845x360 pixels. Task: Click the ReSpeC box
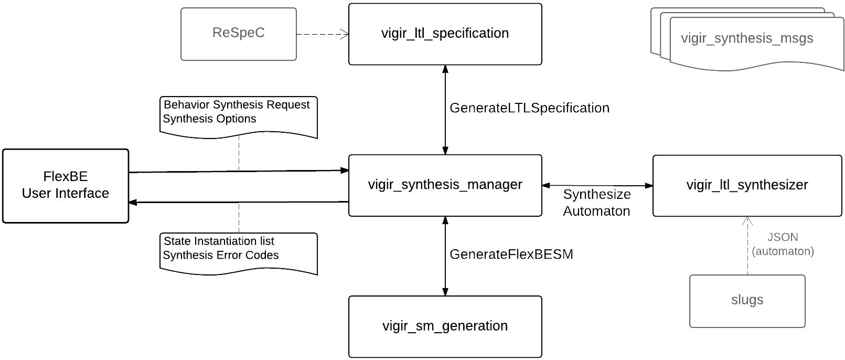click(239, 33)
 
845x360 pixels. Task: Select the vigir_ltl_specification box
click(445, 34)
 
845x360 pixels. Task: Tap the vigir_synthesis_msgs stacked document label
click(747, 38)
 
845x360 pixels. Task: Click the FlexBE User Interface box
click(66, 185)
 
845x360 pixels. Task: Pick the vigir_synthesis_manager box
click(445, 185)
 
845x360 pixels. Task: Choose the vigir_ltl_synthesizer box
click(747, 185)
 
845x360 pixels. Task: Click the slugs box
click(747, 300)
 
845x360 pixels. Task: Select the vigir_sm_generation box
click(445, 326)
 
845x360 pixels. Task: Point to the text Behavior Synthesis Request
click(237, 104)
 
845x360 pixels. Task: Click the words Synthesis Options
click(209, 119)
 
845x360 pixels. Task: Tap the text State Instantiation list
click(219, 241)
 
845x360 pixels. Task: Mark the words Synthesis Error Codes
click(220, 255)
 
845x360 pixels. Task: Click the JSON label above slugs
click(782, 237)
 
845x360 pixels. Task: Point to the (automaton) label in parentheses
click(782, 251)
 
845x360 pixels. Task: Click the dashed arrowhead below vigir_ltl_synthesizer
click(747, 221)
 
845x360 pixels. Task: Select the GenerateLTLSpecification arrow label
click(529, 108)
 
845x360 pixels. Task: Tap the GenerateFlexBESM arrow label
click(511, 255)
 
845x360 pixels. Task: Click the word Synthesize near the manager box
click(597, 195)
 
